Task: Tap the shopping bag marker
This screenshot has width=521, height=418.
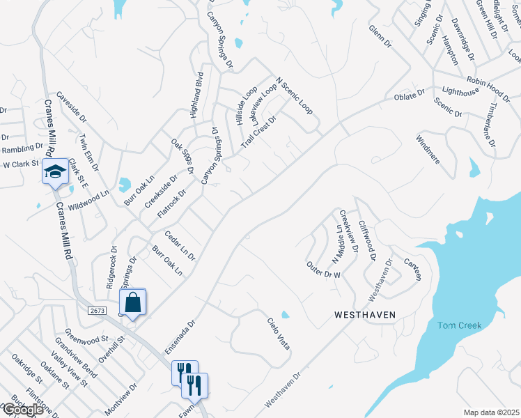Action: [x=132, y=302]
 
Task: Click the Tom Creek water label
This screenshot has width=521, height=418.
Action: [x=459, y=325]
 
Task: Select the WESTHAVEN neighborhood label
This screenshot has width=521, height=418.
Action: [x=365, y=315]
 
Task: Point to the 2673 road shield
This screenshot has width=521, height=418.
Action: [x=98, y=309]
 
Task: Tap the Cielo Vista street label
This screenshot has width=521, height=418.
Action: [x=278, y=334]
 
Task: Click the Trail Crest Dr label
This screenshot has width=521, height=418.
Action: [x=258, y=131]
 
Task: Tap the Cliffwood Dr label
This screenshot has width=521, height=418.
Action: [x=367, y=241]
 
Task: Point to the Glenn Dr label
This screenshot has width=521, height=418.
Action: [x=381, y=37]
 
